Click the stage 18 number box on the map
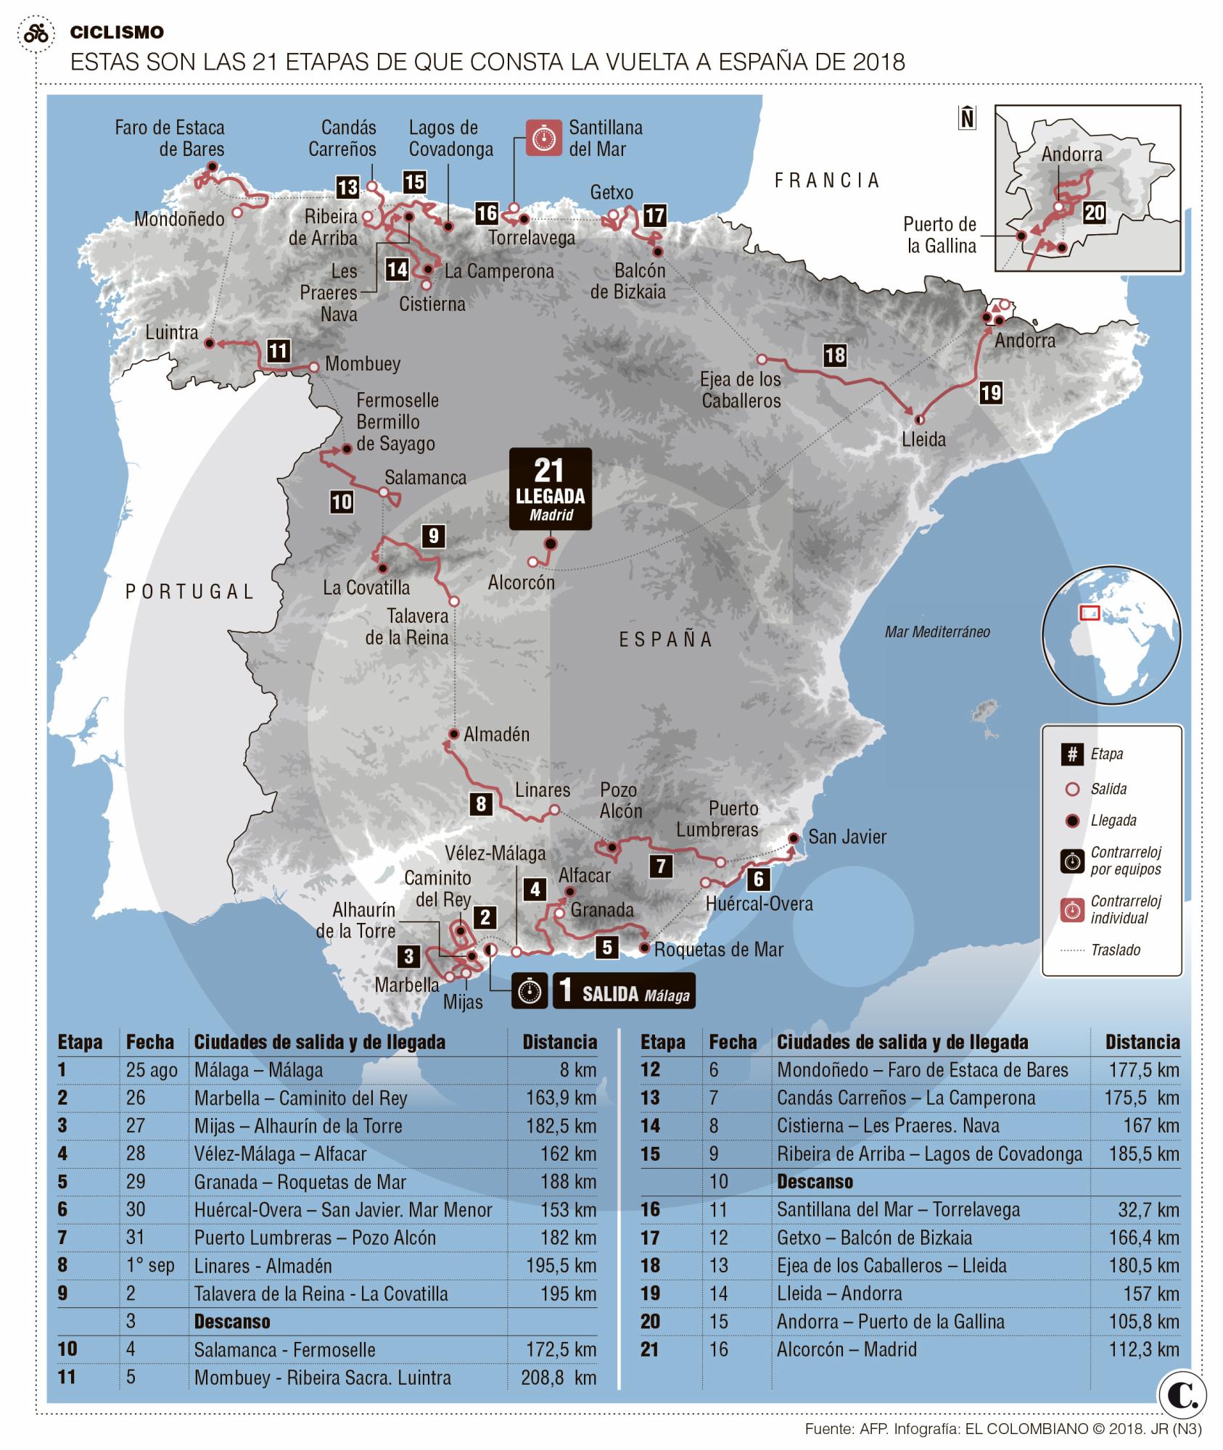(x=835, y=355)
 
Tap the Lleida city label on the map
(x=923, y=439)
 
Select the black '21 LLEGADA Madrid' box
(x=551, y=488)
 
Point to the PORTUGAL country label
(x=189, y=592)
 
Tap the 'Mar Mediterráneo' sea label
(x=936, y=631)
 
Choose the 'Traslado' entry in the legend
(x=1115, y=950)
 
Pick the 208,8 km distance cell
(x=558, y=1377)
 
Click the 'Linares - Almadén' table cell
(x=263, y=1266)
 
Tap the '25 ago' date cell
(x=152, y=1070)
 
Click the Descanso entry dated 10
(x=815, y=1182)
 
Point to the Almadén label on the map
(x=496, y=734)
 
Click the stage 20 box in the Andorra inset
(x=1095, y=212)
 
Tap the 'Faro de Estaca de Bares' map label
(x=170, y=138)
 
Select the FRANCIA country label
(x=827, y=181)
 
